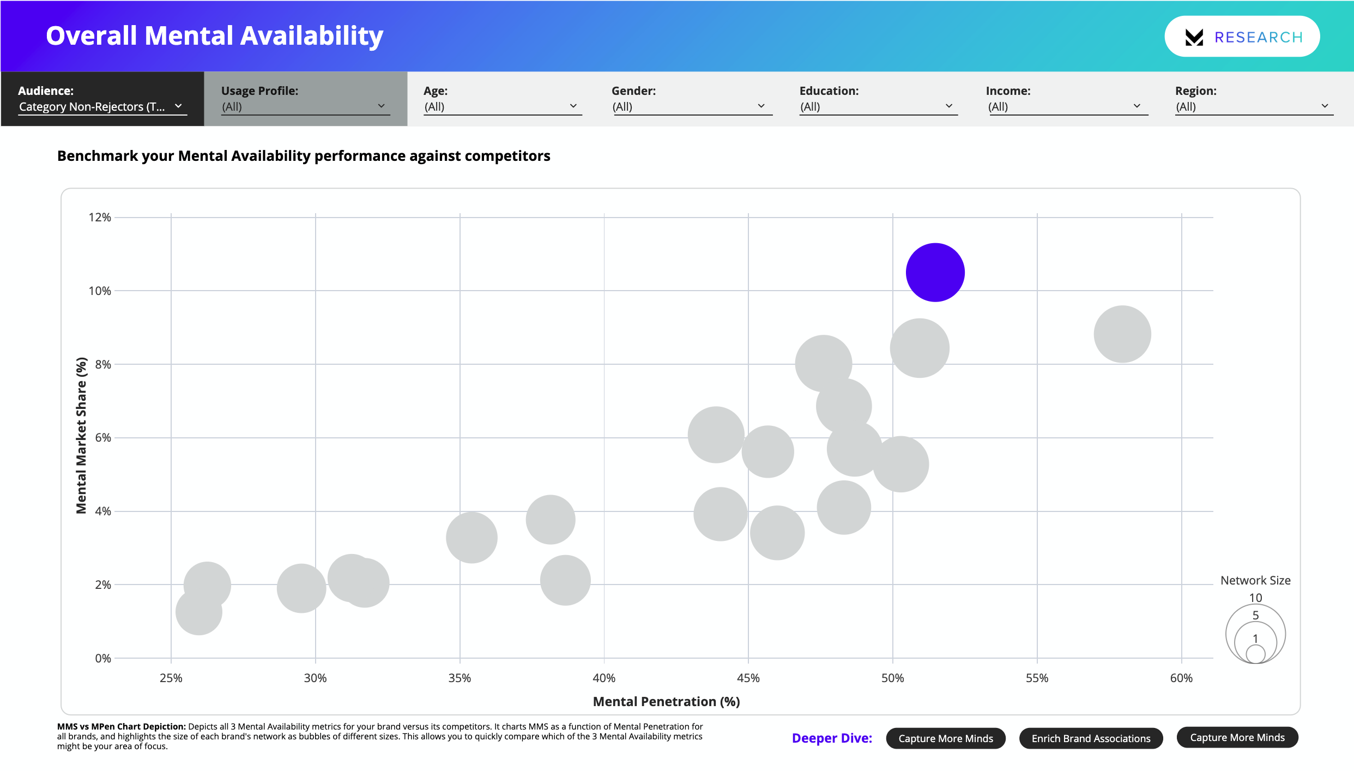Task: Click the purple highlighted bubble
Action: (935, 272)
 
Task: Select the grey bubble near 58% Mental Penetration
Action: (1122, 334)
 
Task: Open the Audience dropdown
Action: (102, 106)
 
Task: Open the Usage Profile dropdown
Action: (305, 106)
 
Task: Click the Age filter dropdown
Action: (502, 106)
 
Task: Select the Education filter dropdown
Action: (878, 106)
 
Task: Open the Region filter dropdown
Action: (1253, 106)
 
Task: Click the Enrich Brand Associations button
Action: (1091, 738)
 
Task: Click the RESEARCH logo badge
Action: (1242, 37)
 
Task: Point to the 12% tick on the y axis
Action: (100, 218)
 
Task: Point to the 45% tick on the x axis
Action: (748, 678)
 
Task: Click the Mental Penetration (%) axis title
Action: (666, 702)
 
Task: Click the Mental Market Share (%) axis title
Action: (81, 435)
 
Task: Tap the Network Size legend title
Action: (1255, 580)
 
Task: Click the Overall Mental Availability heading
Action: (214, 36)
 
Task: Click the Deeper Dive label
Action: (831, 738)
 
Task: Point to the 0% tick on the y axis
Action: (102, 658)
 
